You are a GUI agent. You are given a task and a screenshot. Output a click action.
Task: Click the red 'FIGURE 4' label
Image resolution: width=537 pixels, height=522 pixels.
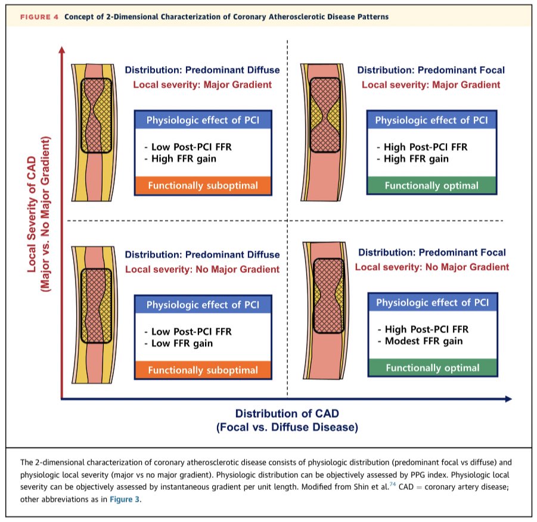(39, 17)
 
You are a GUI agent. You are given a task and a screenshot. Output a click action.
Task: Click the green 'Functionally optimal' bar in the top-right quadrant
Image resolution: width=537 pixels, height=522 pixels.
(431, 185)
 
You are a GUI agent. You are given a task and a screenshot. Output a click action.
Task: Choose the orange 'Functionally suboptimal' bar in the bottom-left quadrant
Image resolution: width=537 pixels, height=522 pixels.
(203, 370)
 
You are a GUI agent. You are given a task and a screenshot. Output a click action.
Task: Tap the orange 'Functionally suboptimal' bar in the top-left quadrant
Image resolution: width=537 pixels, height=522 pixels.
(203, 186)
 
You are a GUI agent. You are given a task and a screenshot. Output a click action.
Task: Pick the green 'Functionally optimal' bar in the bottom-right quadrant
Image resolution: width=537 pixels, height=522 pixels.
(432, 368)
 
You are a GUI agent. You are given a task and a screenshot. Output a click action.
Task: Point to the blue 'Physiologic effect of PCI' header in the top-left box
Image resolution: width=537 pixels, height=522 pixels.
(203, 120)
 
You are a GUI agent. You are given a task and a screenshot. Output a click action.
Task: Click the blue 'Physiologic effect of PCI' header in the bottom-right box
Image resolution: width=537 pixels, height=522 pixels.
(432, 303)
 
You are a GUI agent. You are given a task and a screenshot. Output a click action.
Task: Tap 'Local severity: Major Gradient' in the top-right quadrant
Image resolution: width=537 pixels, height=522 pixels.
(430, 85)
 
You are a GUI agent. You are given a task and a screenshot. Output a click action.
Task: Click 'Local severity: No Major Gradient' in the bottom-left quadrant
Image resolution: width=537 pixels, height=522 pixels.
(202, 269)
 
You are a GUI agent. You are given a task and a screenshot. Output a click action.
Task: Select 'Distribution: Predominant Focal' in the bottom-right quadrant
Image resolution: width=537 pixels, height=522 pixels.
(432, 253)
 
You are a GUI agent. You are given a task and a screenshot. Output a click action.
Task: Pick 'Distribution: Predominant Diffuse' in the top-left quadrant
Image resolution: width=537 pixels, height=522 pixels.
(202, 70)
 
